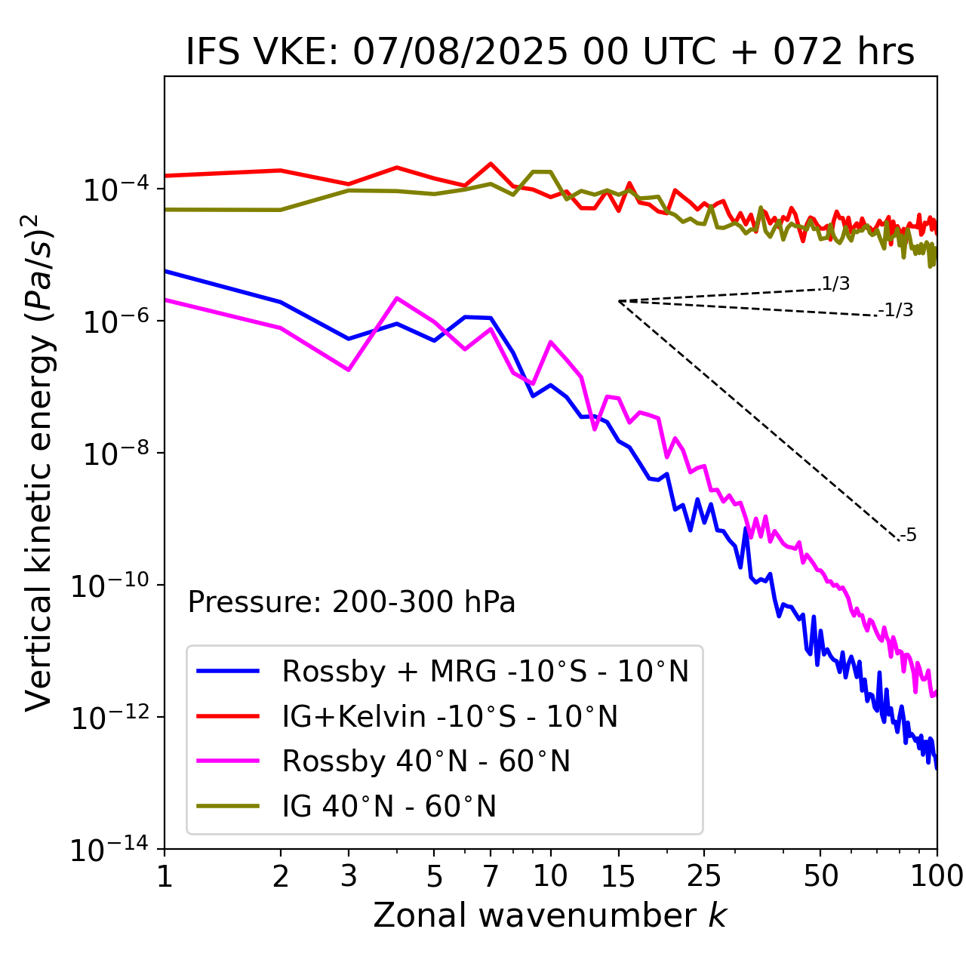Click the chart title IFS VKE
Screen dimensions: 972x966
[550, 52]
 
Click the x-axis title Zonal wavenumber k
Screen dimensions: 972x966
[549, 915]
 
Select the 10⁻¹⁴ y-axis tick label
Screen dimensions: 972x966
[110, 850]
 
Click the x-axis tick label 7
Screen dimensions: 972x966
[491, 876]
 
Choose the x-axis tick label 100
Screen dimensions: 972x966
[937, 876]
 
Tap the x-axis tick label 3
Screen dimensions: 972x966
[349, 876]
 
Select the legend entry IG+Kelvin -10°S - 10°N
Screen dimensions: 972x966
[450, 716]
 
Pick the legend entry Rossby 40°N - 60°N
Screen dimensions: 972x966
[426, 761]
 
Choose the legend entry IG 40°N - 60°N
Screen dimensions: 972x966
[389, 807]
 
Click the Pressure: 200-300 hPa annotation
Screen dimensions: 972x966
[352, 602]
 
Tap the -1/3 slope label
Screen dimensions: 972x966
[897, 310]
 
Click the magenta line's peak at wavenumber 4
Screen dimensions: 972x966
[397, 298]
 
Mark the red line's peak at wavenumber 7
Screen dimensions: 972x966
[491, 164]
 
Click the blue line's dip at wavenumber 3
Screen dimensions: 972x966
[349, 339]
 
